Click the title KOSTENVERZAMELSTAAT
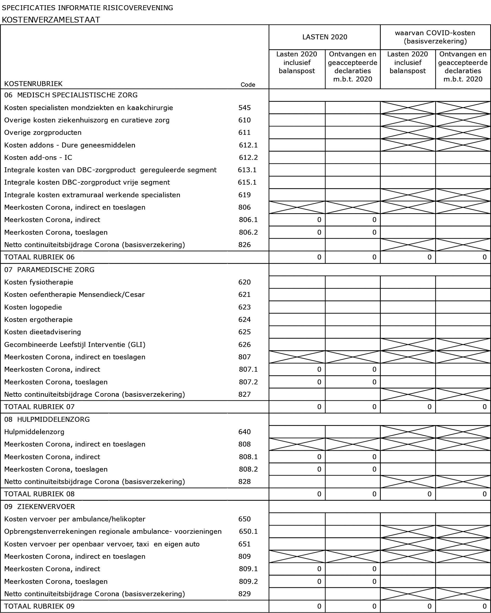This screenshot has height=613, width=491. [51, 20]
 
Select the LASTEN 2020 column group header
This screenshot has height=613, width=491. [324, 37]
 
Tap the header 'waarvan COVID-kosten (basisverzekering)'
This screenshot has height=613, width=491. [435, 37]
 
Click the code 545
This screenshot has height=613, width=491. [244, 108]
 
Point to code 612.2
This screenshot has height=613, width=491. [248, 157]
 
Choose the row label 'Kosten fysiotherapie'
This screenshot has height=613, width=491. [39, 282]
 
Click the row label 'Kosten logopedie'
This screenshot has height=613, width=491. [33, 307]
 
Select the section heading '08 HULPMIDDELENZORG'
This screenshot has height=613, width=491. [47, 419]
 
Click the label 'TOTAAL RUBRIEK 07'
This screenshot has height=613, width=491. [39, 407]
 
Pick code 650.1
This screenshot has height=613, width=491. [248, 531]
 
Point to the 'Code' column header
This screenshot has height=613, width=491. [248, 85]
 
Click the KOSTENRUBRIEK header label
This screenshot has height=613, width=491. [33, 84]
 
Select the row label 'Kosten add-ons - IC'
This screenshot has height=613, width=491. [38, 157]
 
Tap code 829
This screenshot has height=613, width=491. [244, 594]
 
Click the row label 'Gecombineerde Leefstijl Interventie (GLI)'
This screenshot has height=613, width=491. [75, 345]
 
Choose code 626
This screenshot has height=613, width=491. [244, 345]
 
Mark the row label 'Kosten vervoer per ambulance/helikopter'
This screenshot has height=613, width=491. [75, 519]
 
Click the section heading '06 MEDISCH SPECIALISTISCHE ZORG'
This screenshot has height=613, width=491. [71, 95]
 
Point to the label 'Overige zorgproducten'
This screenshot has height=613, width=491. [43, 133]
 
